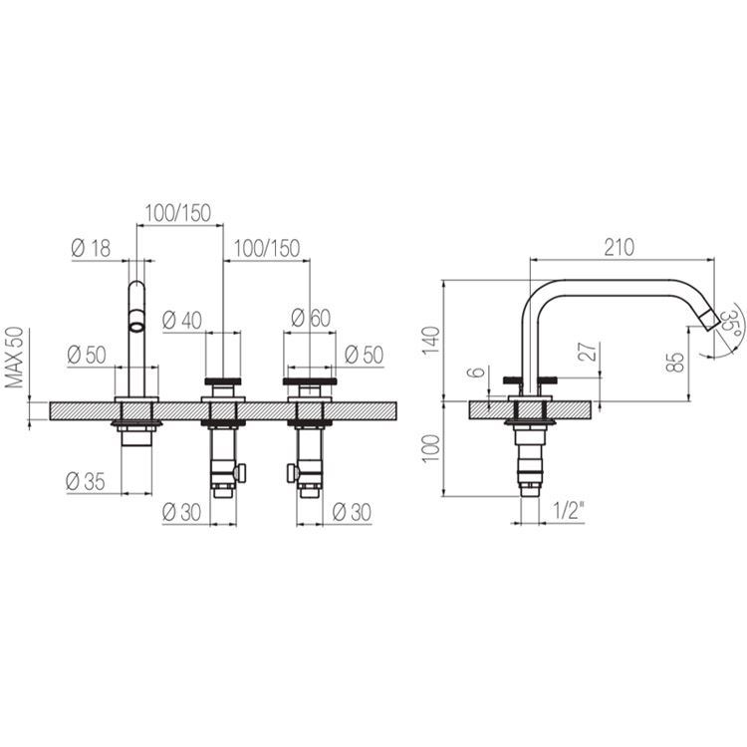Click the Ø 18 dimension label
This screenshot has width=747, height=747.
point(91,248)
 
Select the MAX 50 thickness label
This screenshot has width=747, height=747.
point(15,358)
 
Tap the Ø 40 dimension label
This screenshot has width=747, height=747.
point(182,320)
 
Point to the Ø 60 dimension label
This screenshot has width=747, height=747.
point(311,318)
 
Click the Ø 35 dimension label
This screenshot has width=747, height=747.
point(86,482)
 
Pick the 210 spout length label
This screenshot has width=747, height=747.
point(620,247)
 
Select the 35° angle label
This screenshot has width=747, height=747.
point(729,324)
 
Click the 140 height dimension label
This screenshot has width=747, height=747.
point(431,340)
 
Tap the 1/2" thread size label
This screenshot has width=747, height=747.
point(569,512)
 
